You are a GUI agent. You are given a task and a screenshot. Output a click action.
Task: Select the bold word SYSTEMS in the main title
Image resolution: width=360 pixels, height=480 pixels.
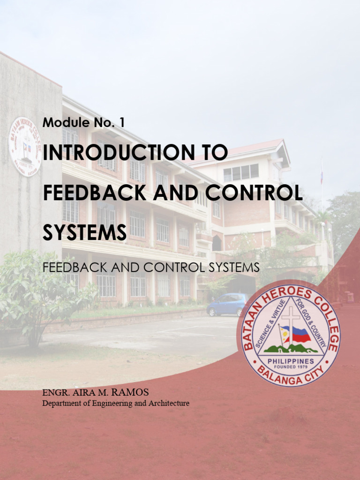[x=84, y=232]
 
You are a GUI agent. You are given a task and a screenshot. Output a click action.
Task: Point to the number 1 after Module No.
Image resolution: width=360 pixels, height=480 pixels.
[x=122, y=123]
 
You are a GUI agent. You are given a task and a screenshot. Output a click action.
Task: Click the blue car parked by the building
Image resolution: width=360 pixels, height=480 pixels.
[x=227, y=304]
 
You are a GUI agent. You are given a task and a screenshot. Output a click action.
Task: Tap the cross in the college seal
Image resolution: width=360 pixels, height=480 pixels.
[x=290, y=323]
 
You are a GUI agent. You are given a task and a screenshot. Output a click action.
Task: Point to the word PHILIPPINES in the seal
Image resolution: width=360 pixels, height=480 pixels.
[x=291, y=361]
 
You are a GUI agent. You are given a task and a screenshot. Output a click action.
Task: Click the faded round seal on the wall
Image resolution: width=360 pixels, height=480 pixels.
[x=25, y=146]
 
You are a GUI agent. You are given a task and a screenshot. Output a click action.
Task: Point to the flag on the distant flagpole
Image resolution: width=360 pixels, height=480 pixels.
[x=322, y=177]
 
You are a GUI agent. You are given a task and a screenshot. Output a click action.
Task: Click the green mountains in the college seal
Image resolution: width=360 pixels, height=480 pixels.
[x=291, y=349]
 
